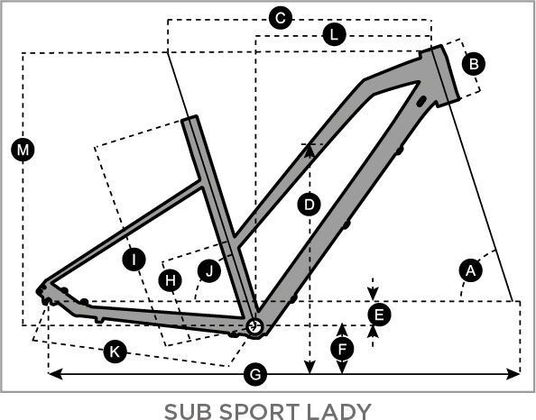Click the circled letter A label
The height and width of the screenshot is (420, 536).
(x=468, y=269)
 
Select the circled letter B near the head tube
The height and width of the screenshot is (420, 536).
(x=474, y=63)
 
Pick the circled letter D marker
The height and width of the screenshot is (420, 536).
(x=310, y=205)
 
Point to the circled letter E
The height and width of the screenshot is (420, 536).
(x=379, y=314)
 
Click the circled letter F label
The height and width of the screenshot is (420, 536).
(x=341, y=347)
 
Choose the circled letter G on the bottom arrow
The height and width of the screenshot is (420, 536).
(x=256, y=373)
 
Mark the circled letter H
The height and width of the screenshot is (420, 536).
(x=170, y=280)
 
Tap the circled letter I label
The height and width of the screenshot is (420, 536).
(x=134, y=260)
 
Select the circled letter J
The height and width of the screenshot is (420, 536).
(x=209, y=269)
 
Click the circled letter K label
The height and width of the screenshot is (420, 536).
(x=114, y=351)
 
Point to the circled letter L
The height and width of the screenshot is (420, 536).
(x=334, y=35)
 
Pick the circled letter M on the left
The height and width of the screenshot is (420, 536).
(x=23, y=149)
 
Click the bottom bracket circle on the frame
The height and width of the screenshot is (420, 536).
(x=254, y=325)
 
